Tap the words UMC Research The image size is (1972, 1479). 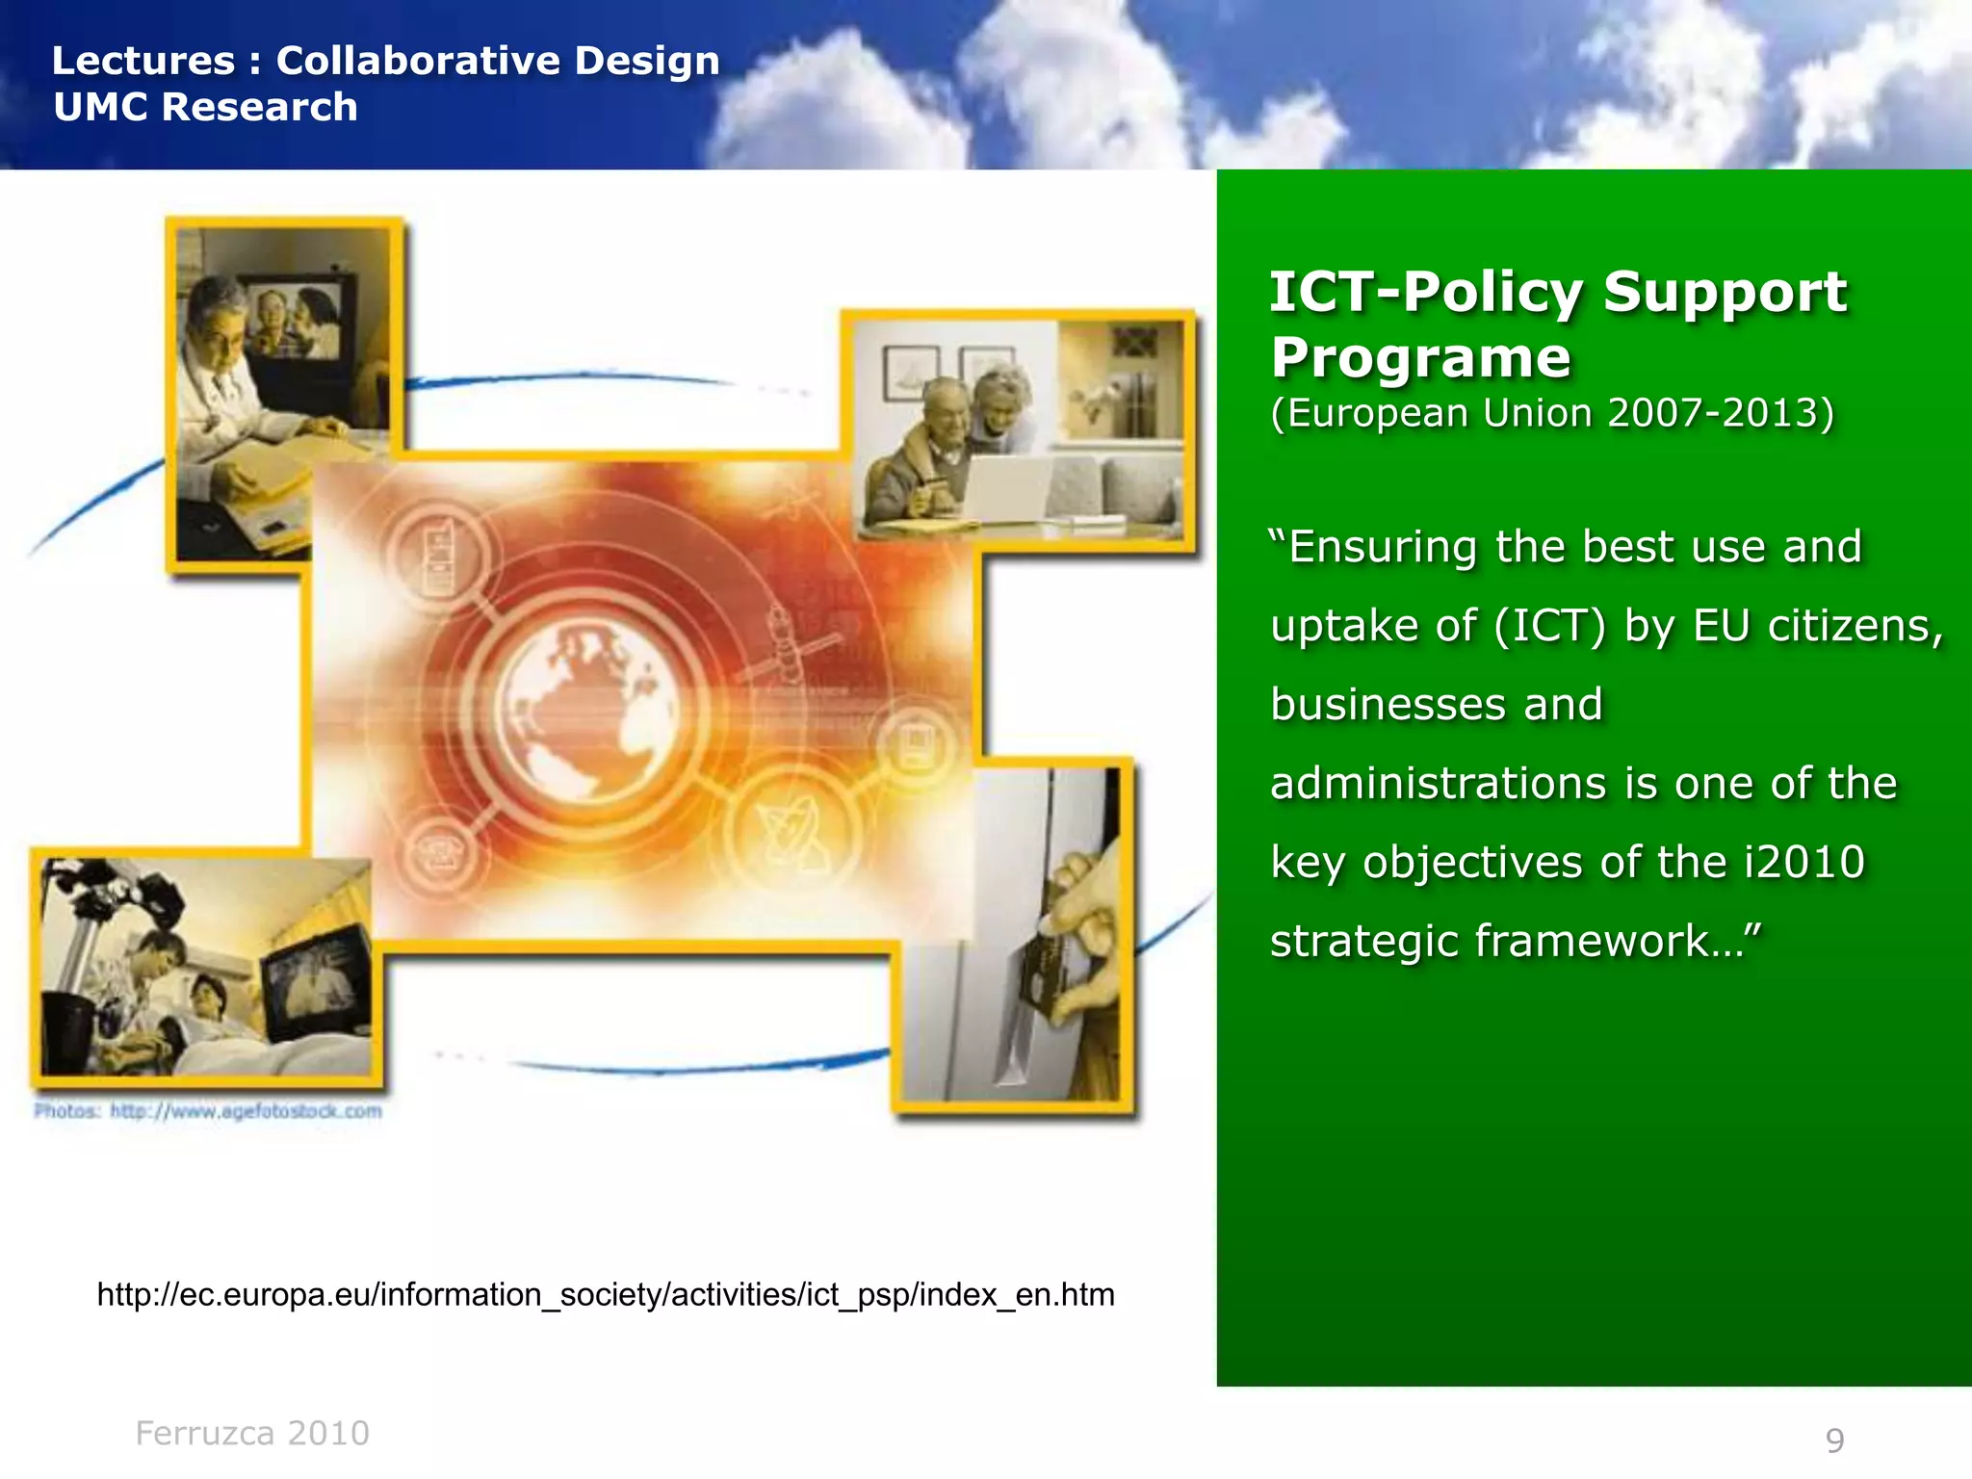[205, 107]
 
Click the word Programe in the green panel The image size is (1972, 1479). [1420, 358]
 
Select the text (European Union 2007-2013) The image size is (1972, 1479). [1552, 413]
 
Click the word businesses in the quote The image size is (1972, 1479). [1388, 704]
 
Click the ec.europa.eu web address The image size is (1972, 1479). [606, 1294]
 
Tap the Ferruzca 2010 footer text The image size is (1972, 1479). [252, 1433]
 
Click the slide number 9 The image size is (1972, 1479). [1834, 1440]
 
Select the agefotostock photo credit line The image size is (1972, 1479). [208, 1111]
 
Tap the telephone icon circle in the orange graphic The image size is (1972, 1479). [442, 853]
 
